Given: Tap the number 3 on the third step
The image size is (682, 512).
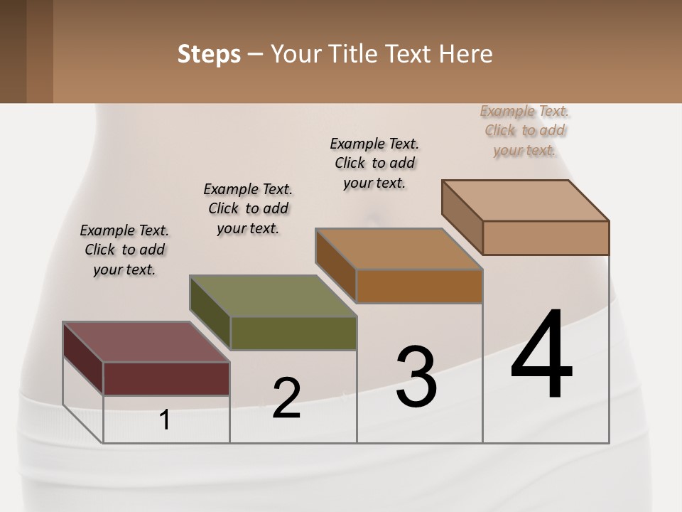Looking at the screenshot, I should click(x=416, y=377).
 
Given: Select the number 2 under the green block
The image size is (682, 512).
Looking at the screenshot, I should click(x=286, y=398).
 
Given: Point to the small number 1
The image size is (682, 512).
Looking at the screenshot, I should click(x=165, y=420).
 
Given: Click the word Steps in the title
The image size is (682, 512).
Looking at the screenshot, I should click(x=209, y=54).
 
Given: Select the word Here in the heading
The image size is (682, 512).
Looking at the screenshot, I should click(x=466, y=54).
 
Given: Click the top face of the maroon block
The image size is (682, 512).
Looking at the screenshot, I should click(x=145, y=342).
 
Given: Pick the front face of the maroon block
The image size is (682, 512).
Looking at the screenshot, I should click(x=166, y=378).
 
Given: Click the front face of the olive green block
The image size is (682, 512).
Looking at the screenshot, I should click(x=293, y=333).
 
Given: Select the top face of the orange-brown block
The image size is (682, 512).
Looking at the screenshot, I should click(x=399, y=249).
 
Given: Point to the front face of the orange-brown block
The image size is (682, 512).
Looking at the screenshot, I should click(x=419, y=286).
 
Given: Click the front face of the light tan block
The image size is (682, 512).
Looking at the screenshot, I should click(x=546, y=238).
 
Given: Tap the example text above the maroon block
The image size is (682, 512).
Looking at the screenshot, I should click(x=125, y=250).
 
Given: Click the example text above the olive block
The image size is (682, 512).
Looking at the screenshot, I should click(x=248, y=208).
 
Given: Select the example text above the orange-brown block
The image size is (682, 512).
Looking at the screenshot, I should click(x=374, y=163).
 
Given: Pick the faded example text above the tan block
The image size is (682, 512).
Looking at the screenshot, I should click(x=524, y=130).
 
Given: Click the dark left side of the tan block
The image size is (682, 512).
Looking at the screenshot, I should click(x=462, y=216).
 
